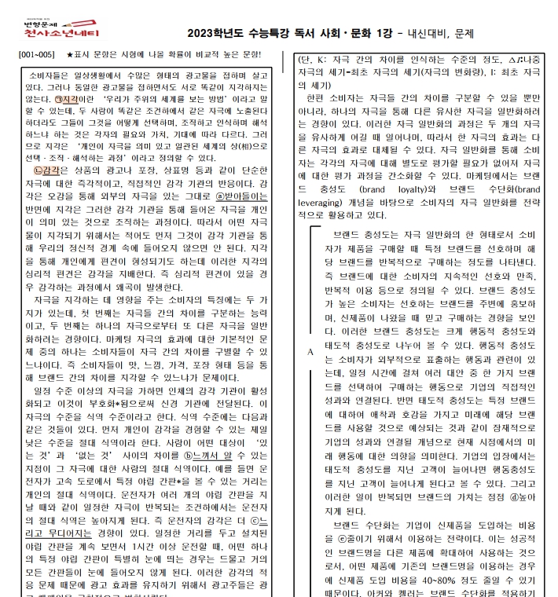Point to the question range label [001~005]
[x=36, y=57]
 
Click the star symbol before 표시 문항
[x=71, y=57]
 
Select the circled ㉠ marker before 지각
[x=62, y=101]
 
